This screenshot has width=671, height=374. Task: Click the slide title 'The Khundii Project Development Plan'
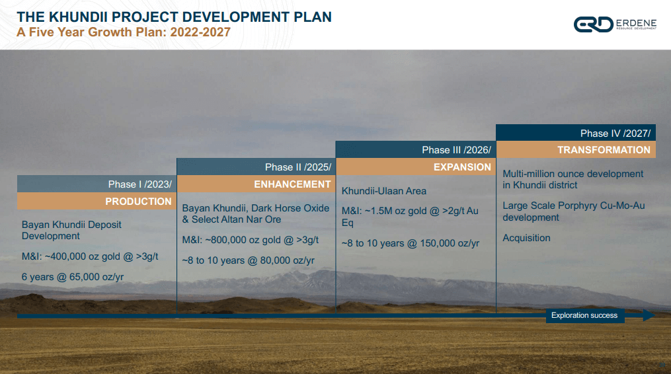[175, 17]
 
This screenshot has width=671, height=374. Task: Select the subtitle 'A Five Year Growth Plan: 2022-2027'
[124, 32]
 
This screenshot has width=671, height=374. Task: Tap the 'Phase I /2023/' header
[139, 184]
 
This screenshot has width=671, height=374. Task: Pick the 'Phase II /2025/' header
[297, 167]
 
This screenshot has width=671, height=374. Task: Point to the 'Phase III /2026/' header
[456, 150]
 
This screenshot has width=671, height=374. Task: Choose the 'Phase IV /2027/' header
[615, 133]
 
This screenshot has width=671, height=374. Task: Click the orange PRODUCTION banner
[138, 202]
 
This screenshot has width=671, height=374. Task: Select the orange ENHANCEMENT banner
[292, 184]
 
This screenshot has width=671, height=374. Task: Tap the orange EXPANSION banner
[462, 167]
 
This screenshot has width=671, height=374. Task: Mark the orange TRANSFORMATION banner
[604, 150]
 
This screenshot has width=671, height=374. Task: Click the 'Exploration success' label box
[584, 316]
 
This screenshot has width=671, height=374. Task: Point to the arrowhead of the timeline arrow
[649, 316]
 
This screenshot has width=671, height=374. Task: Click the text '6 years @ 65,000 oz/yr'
[73, 277]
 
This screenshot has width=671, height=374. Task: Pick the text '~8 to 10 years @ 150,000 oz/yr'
[410, 243]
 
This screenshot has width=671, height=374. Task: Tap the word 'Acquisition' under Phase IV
[526, 238]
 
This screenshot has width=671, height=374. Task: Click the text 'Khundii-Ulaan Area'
[384, 191]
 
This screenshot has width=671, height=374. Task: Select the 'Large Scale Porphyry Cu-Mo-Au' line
[573, 206]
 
